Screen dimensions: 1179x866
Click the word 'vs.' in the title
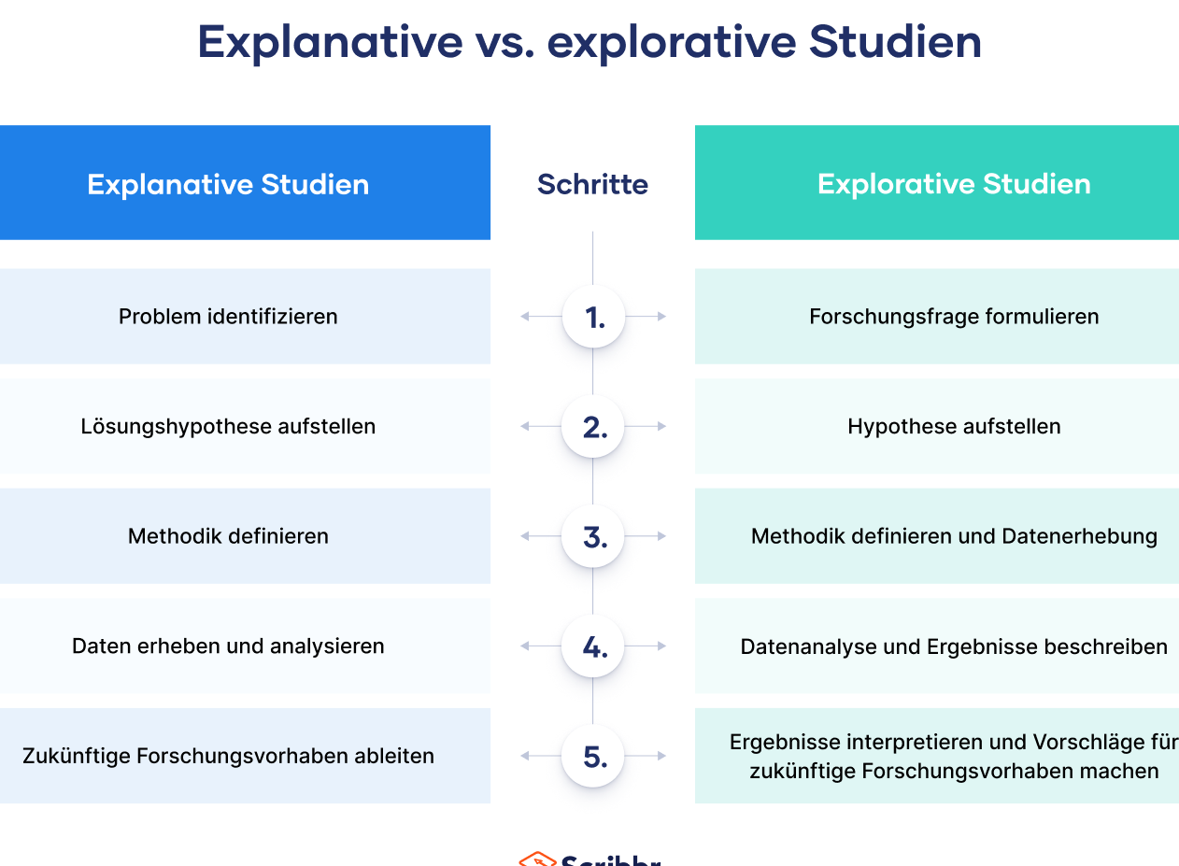[504, 42]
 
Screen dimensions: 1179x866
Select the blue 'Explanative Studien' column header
[246, 183]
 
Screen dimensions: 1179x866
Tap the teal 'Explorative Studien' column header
[937, 183]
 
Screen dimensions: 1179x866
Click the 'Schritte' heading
[592, 184]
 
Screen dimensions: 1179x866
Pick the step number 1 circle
[593, 317]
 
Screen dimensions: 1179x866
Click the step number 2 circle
[593, 426]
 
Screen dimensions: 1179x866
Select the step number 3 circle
[593, 536]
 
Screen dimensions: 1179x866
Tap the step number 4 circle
[593, 646]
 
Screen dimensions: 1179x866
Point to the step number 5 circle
[593, 756]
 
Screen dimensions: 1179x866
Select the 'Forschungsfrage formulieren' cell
[937, 317]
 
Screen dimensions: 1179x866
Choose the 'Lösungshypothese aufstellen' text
[228, 426]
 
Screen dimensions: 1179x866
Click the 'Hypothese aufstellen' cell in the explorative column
[937, 426]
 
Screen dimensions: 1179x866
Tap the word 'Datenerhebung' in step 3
[1080, 536]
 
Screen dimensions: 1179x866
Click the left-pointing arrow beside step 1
[541, 317]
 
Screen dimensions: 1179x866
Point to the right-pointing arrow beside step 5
[646, 756]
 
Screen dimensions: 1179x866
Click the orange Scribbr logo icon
[537, 859]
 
